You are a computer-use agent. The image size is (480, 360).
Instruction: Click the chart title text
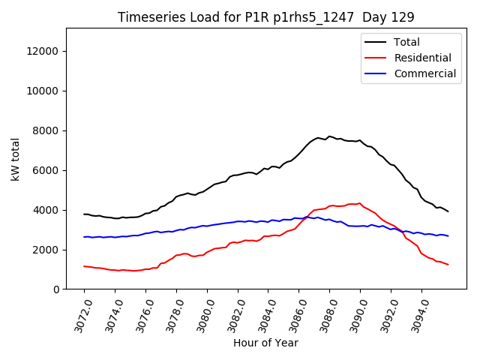[x=266, y=17]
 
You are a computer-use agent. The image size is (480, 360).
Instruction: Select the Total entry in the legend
[x=407, y=42]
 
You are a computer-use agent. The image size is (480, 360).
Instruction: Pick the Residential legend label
[x=423, y=58]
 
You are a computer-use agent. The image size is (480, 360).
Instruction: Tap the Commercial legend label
[x=424, y=73]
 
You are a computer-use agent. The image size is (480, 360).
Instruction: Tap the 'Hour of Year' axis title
[x=265, y=343]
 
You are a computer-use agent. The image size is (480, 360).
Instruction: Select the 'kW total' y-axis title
[x=15, y=158]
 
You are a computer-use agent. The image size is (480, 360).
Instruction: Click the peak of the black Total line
[x=329, y=136]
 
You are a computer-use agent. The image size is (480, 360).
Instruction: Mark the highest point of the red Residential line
[x=360, y=203]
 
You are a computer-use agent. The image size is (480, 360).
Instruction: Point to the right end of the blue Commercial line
[x=448, y=236]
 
